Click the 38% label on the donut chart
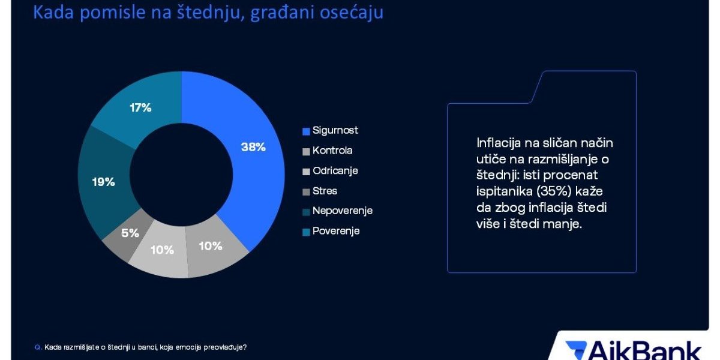pyautogui.click(x=253, y=147)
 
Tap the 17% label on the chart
pyautogui.click(x=140, y=107)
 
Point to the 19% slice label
pyautogui.click(x=103, y=182)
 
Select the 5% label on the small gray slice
pyautogui.click(x=130, y=233)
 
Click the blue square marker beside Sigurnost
pyautogui.click(x=306, y=131)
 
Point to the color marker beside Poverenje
pyautogui.click(x=306, y=232)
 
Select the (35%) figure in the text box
pyautogui.click(x=554, y=191)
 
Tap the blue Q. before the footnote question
pyautogui.click(x=38, y=347)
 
